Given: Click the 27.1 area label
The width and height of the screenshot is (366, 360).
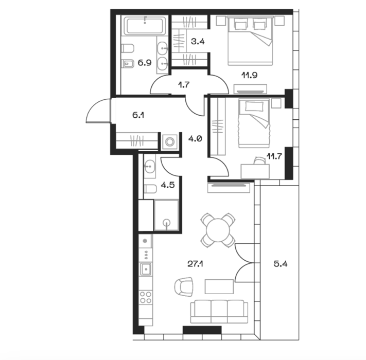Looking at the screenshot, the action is [x=195, y=264].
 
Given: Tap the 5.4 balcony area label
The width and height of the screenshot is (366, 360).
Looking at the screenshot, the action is [x=281, y=264].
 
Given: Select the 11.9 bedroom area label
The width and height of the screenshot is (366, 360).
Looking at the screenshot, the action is [x=250, y=75].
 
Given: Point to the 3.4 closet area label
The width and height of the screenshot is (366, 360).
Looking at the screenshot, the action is [x=198, y=42].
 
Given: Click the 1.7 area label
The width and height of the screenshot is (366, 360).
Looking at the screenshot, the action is [x=184, y=85].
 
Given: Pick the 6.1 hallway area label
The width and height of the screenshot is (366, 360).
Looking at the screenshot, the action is [x=138, y=115].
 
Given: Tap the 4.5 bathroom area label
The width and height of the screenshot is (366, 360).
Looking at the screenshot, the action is [x=168, y=185].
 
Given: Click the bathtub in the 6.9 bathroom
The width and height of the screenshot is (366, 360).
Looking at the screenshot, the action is [x=145, y=25].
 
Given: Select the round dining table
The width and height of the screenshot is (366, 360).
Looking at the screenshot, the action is [x=218, y=230].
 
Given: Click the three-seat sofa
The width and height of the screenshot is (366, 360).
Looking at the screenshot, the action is [x=219, y=312].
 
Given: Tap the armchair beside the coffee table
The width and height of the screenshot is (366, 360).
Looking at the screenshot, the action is [x=184, y=287].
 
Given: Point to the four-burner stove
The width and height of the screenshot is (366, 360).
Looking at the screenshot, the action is [x=146, y=297].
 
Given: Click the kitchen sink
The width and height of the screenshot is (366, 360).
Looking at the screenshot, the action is [x=146, y=269].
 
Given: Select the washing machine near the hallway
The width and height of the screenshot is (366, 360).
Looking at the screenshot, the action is [x=169, y=141].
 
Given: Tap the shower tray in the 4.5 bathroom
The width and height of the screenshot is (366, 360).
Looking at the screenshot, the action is [x=166, y=215].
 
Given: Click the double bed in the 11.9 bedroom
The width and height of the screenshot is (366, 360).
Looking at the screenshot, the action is [x=250, y=40].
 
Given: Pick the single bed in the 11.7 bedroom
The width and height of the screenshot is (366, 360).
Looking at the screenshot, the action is [x=254, y=123].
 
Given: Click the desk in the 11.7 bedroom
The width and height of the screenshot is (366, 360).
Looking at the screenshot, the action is [x=255, y=171].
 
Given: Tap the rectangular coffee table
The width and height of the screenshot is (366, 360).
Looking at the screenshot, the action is [x=219, y=286].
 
